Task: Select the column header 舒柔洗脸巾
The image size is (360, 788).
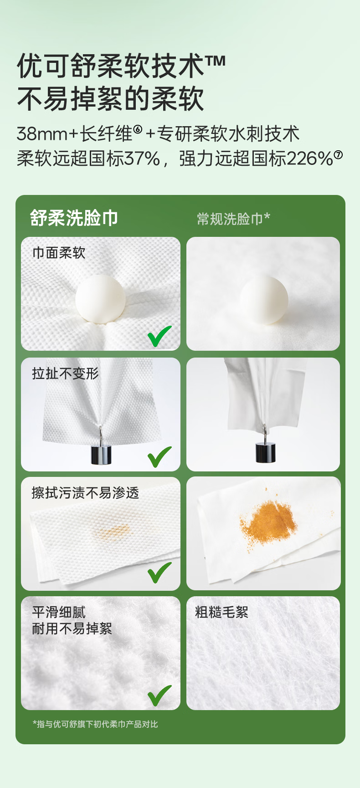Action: (74, 218)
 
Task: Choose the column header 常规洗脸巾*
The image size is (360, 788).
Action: (233, 219)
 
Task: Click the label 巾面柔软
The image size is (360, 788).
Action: (59, 253)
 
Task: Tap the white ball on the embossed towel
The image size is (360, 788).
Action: (100, 299)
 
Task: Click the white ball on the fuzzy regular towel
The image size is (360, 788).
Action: (264, 300)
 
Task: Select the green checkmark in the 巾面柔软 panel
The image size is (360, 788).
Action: (159, 336)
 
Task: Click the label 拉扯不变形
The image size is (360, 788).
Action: (66, 374)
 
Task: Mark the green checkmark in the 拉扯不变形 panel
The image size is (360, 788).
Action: (159, 457)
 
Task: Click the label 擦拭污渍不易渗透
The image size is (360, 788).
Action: (85, 493)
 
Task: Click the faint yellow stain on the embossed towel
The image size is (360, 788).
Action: (112, 531)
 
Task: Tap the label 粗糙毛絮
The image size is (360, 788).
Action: (222, 612)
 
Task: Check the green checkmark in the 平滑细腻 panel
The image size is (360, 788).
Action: (159, 696)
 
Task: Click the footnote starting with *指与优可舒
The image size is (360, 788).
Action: (95, 724)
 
